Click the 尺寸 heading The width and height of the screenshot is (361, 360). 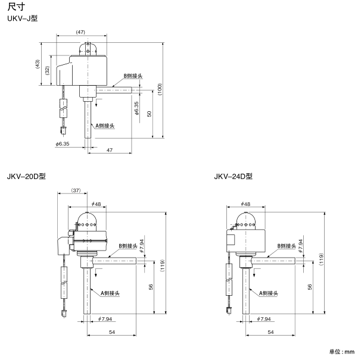tap(16, 7)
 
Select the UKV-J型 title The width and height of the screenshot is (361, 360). tap(22, 18)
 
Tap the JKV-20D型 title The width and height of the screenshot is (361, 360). tap(26, 177)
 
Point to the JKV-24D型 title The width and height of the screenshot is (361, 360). tap(234, 177)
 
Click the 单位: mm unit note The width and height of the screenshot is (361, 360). tap(342, 352)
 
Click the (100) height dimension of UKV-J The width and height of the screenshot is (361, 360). tap(160, 89)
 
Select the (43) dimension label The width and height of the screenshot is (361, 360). tap(38, 64)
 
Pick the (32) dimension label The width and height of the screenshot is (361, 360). tap(48, 70)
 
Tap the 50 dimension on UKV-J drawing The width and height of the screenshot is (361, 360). tap(149, 114)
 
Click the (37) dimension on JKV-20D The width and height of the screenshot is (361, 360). tap(76, 190)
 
